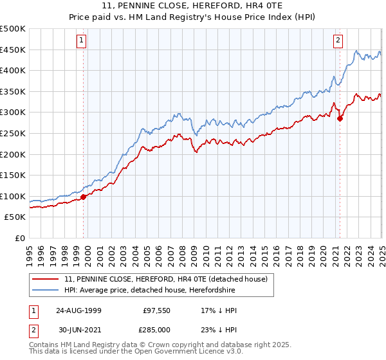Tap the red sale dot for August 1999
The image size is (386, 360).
pyautogui.click(x=84, y=197)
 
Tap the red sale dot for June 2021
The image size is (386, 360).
pyautogui.click(x=340, y=118)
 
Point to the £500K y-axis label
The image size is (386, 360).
pyautogui.click(x=13, y=29)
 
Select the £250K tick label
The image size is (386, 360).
pyautogui.click(x=13, y=133)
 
